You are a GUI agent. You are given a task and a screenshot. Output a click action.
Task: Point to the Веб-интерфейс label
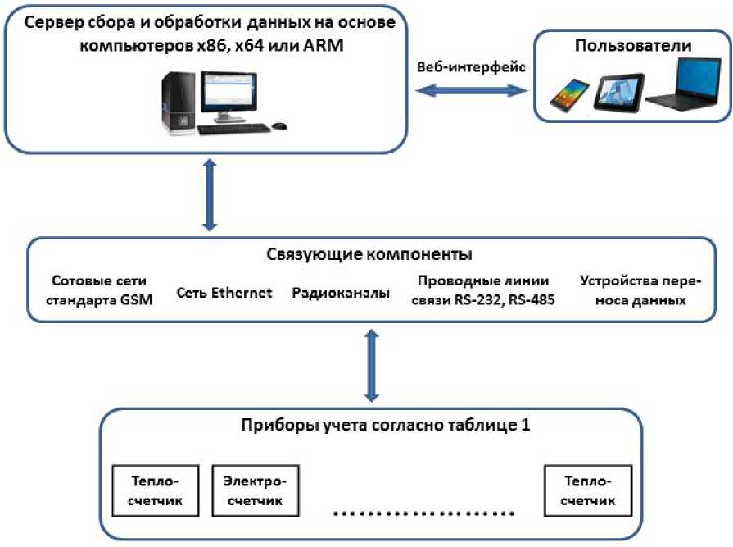pos(471,67)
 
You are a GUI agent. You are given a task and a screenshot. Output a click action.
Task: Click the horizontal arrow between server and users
pos(471,93)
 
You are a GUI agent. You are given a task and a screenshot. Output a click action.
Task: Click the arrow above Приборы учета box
pos(373,366)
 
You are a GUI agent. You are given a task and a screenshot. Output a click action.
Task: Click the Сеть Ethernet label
pos(224,293)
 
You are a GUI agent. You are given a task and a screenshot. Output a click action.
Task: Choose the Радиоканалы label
pos(341,293)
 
